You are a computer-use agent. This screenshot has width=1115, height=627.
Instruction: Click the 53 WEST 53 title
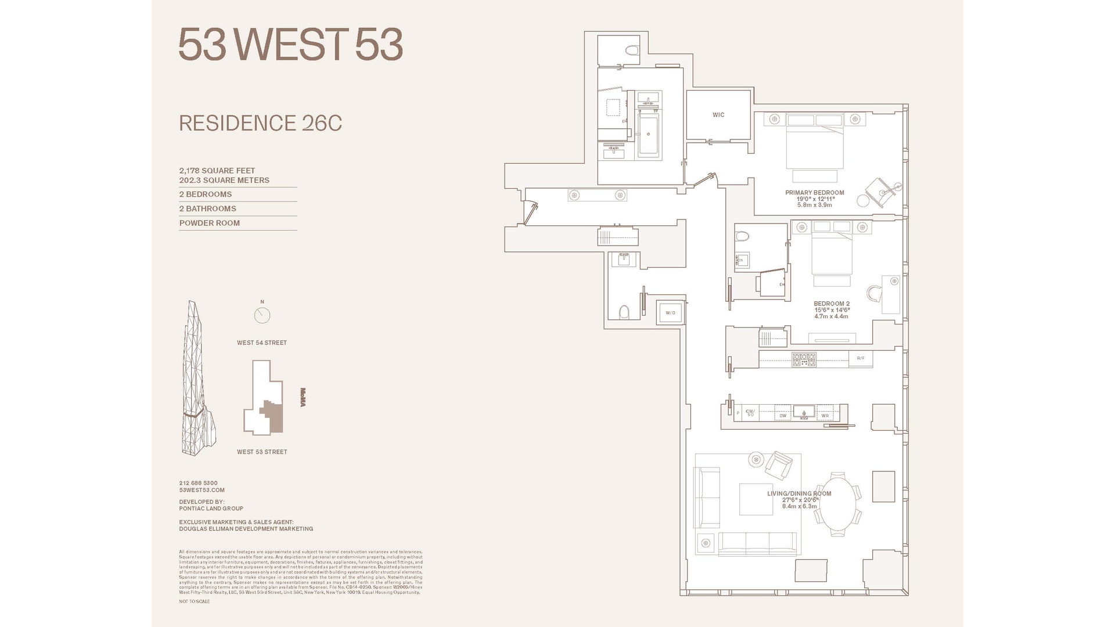290,45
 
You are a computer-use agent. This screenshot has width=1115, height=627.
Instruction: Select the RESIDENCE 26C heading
260,123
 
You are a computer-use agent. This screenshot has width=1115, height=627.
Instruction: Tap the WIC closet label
718,115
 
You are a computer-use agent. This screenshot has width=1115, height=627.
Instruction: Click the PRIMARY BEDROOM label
814,193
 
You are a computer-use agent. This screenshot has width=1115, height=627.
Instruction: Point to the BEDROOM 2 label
831,304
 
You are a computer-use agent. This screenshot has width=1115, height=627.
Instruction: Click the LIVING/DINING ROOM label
799,493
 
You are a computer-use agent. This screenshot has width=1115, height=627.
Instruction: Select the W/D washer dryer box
670,313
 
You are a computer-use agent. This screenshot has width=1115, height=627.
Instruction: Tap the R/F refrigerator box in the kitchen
861,358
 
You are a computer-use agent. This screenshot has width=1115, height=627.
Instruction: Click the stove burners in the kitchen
804,359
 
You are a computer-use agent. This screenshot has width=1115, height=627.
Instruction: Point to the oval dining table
837,503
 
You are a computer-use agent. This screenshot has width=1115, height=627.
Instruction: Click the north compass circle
262,315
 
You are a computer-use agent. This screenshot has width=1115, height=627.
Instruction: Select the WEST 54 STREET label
261,343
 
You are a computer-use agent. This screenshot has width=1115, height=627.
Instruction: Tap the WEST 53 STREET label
261,452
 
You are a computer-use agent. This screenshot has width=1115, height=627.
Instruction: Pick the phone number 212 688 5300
198,483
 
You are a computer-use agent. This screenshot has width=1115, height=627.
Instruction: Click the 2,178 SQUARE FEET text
217,171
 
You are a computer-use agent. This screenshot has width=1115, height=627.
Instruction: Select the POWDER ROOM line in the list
209,223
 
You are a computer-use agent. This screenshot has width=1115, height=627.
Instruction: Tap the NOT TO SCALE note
194,601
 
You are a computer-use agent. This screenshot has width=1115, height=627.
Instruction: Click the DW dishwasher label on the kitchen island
783,416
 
